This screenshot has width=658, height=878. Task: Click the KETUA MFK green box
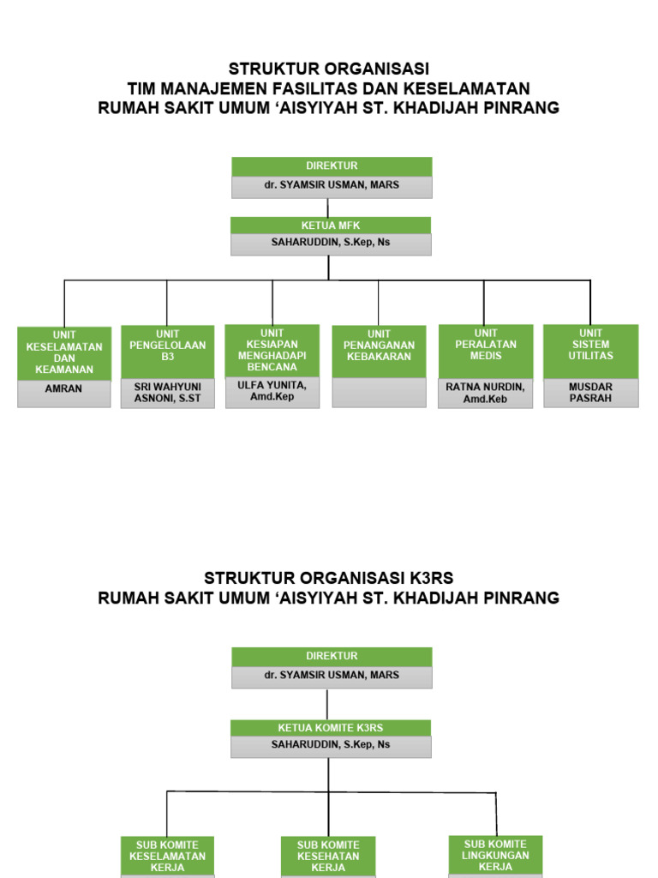(331, 226)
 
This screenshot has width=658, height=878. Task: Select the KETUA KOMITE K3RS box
(331, 728)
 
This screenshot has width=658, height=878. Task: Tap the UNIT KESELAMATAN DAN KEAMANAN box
(64, 352)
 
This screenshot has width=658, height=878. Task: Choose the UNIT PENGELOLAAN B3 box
(167, 351)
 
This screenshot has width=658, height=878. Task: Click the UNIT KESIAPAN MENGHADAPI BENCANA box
(272, 350)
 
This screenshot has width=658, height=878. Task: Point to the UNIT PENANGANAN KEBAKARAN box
(379, 351)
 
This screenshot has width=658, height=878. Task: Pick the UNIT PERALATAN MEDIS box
(485, 350)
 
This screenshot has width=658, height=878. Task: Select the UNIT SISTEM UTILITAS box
(590, 350)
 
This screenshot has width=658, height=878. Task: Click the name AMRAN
(64, 389)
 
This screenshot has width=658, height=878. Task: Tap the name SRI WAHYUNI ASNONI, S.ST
(167, 393)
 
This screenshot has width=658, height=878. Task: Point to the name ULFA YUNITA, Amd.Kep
(272, 391)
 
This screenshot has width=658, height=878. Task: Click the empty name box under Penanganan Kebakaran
(379, 392)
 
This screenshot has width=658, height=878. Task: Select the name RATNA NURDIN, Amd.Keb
(485, 393)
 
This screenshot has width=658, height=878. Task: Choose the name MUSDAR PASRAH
(590, 393)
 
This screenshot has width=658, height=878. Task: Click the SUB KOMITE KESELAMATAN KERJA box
(167, 856)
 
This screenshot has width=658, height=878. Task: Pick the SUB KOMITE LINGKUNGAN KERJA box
(496, 855)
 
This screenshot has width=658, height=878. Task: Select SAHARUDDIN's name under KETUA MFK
(331, 243)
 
